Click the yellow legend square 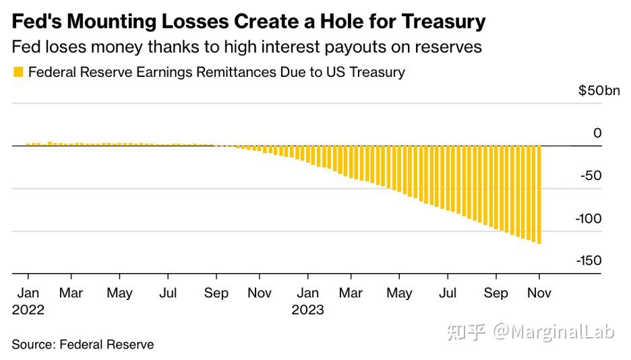pyautogui.click(x=18, y=71)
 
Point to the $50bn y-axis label pyautogui.click(x=599, y=92)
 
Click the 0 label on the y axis pyautogui.click(x=597, y=133)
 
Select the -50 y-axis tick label pyautogui.click(x=591, y=176)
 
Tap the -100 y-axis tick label pyautogui.click(x=588, y=218)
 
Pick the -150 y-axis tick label pyautogui.click(x=588, y=261)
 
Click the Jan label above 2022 pyautogui.click(x=28, y=294)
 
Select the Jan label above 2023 pyautogui.click(x=308, y=294)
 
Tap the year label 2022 pyautogui.click(x=28, y=310)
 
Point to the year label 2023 pyautogui.click(x=308, y=310)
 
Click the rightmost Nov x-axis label pyautogui.click(x=539, y=294)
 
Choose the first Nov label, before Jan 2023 pyautogui.click(x=260, y=294)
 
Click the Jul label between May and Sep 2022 pyautogui.click(x=168, y=294)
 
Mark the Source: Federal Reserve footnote pyautogui.click(x=83, y=344)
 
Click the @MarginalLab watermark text pyautogui.click(x=553, y=332)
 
